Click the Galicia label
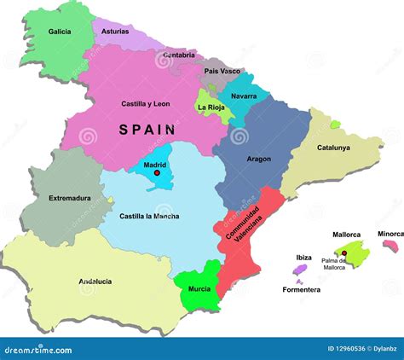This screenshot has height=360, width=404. point(60,32)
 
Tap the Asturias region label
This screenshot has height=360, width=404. point(115,31)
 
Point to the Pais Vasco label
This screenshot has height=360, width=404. point(222,71)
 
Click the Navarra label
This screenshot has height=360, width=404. point(243,96)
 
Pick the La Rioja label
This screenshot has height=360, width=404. point(211,107)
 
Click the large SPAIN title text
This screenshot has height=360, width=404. point(147,130)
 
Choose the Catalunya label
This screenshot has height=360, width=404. point(333,147)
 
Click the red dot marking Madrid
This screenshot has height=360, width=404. point(156,173)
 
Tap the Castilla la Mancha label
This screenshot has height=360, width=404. point(148,216)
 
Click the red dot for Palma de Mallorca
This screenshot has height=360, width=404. point(343,253)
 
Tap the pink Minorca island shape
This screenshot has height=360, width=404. point(390,246)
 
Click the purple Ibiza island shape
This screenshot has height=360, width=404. point(300,270)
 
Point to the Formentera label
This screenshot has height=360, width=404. point(303,290)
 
